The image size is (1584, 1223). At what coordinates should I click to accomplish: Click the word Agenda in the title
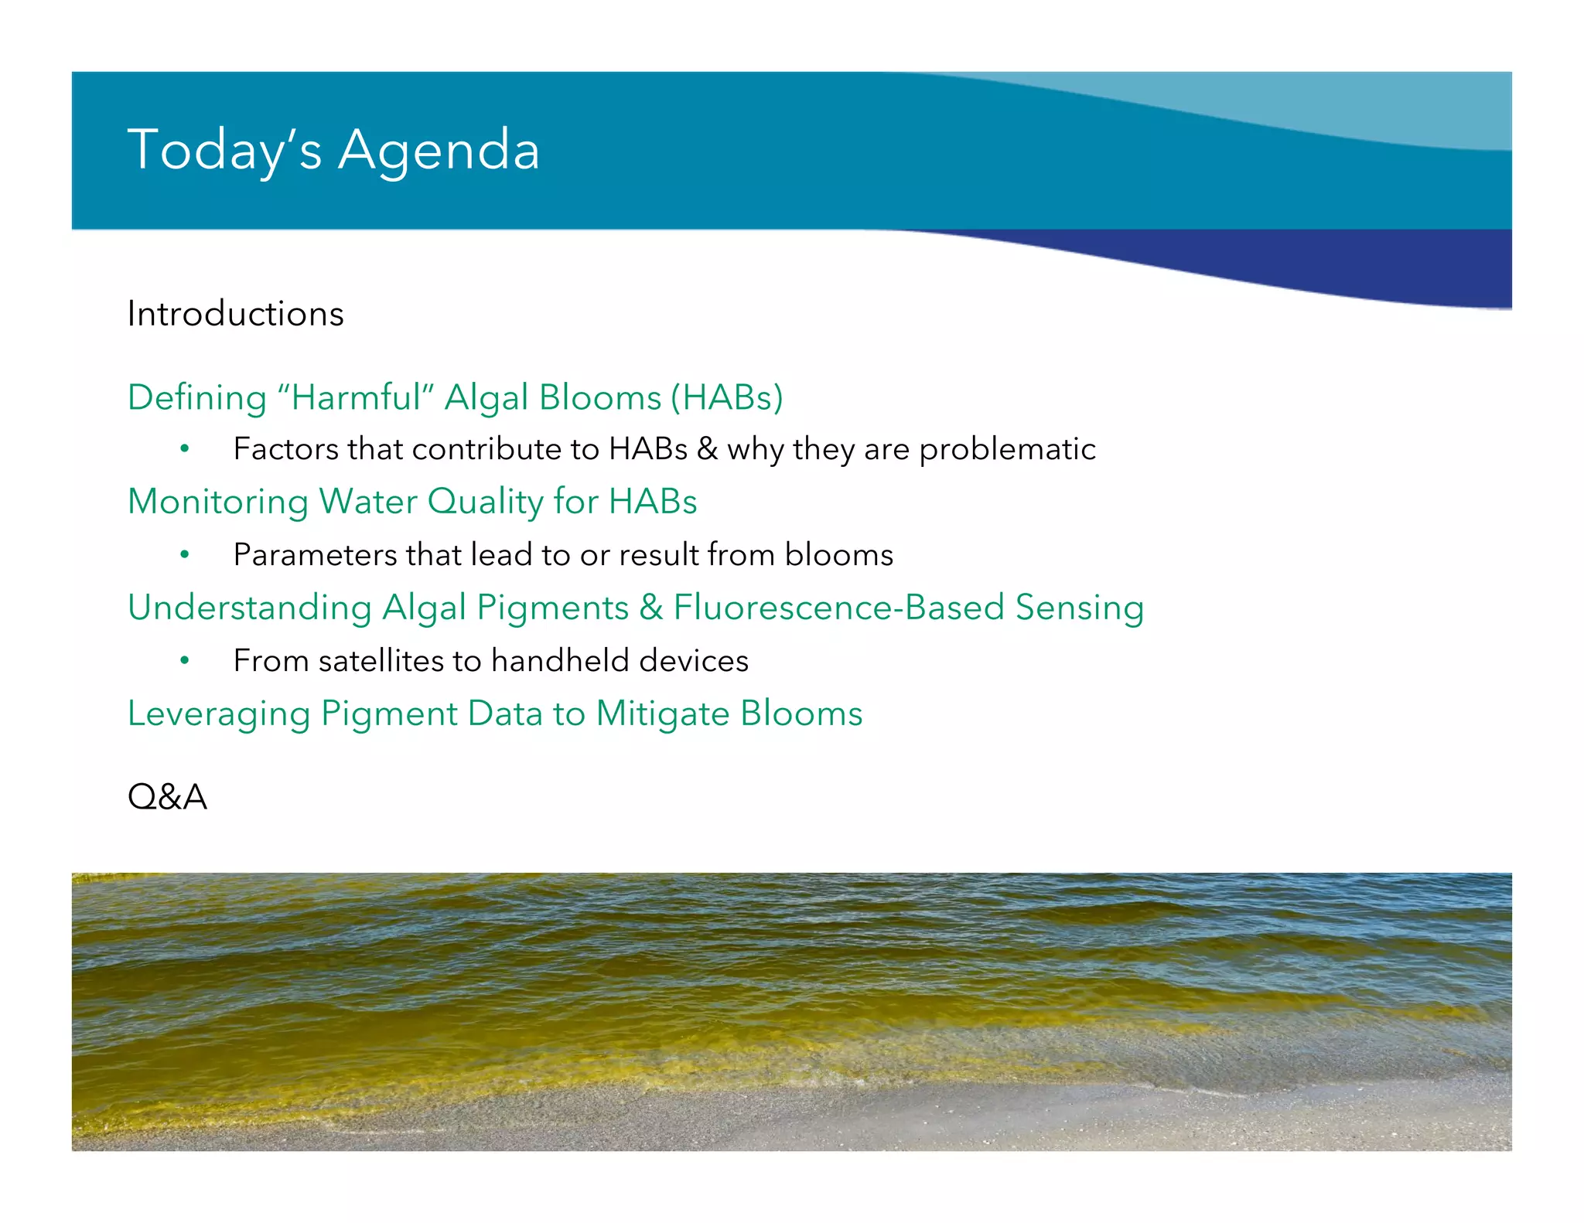pos(439,151)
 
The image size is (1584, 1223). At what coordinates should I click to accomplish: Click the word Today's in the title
pos(224,151)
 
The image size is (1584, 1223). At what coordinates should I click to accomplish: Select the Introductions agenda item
pos(235,314)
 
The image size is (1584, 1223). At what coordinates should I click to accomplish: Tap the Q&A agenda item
pos(167,797)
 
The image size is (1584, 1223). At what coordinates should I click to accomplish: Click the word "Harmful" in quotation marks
pos(356,397)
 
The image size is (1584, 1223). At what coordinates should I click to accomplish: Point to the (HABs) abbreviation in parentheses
pos(726,397)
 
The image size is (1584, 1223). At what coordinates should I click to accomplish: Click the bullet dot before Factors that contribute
pos(184,448)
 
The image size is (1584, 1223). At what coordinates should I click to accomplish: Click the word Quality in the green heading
pos(485,502)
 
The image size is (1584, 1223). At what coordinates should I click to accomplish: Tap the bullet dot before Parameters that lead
pos(184,554)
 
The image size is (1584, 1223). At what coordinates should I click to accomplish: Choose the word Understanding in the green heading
pos(249,608)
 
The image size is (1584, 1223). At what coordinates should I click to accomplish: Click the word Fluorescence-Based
pos(838,608)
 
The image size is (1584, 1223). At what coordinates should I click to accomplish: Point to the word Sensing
pos(1079,608)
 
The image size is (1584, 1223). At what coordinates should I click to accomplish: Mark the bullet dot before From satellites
pos(184,660)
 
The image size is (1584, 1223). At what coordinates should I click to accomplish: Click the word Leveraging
pos(218,714)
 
